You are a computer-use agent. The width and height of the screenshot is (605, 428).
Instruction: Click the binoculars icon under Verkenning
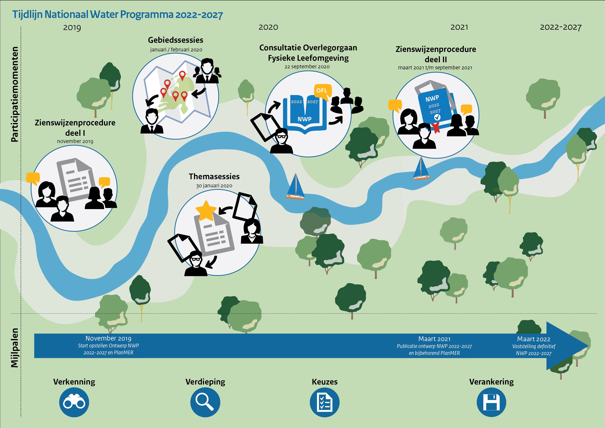pyautogui.click(x=74, y=402)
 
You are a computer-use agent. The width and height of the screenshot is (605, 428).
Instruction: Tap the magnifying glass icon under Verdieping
pyautogui.click(x=205, y=402)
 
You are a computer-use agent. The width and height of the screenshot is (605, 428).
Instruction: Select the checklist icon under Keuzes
pyautogui.click(x=324, y=402)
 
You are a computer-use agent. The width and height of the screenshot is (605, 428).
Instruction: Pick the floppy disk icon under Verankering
pyautogui.click(x=491, y=402)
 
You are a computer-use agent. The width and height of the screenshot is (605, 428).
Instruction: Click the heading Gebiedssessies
pyautogui.click(x=176, y=40)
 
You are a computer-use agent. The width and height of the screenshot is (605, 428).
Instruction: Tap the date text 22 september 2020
pyautogui.click(x=307, y=67)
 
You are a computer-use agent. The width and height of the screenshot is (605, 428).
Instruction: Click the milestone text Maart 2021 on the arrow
pyautogui.click(x=434, y=339)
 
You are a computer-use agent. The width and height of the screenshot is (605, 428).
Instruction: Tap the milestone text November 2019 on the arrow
pyautogui.click(x=108, y=338)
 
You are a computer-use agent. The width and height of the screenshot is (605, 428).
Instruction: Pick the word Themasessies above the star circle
pyautogui.click(x=214, y=176)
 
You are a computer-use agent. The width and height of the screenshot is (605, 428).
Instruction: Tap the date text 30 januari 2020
pyautogui.click(x=214, y=186)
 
